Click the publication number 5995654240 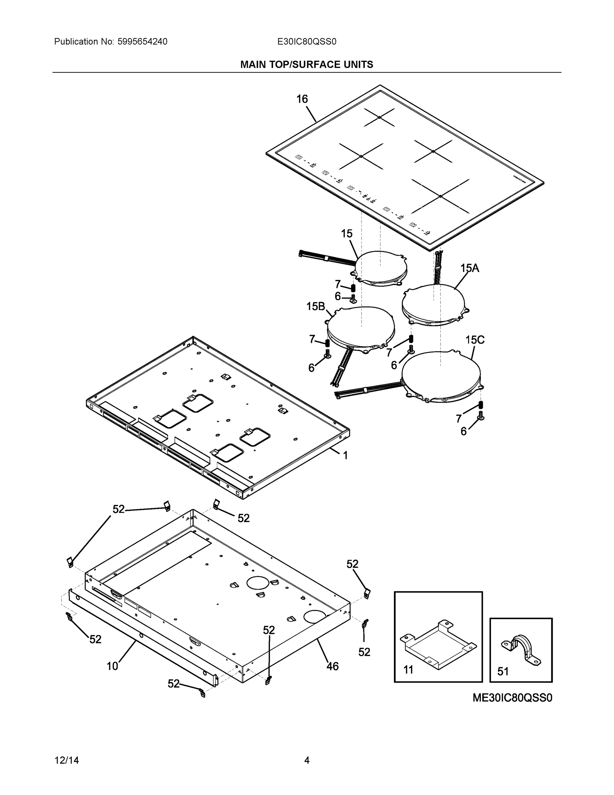click(142, 42)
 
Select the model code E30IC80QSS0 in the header click(307, 42)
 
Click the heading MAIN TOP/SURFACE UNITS click(307, 65)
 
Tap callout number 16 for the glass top click(302, 99)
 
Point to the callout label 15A click(470, 268)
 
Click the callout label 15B click(315, 306)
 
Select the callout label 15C click(475, 340)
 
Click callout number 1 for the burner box click(345, 455)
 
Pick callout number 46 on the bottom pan click(332, 666)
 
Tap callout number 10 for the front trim click(113, 666)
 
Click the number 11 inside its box click(408, 670)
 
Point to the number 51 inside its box click(503, 671)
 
